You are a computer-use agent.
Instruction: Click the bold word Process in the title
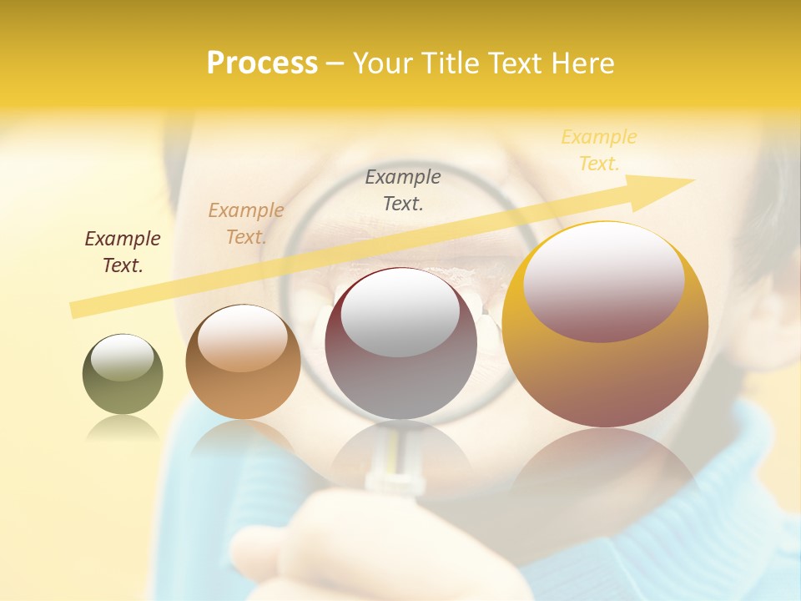tap(262, 63)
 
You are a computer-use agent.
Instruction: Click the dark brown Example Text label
tap(123, 252)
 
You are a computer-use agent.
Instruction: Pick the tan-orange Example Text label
tap(246, 224)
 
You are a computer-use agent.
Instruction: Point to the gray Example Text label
tap(403, 189)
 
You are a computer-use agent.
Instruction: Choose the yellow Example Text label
tap(599, 150)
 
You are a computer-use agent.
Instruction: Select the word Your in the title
tap(380, 63)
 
